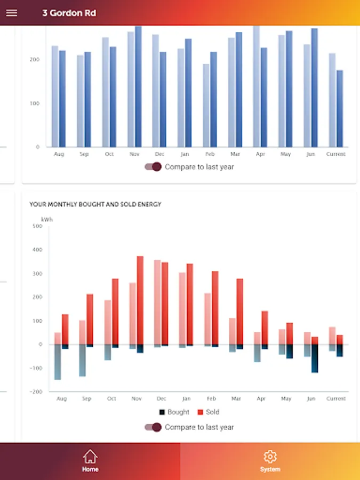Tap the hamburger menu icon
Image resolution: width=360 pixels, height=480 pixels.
[11, 13]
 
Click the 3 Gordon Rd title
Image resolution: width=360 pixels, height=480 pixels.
[69, 13]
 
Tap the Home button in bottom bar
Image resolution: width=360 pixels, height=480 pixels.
[90, 461]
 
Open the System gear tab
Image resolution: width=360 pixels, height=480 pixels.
[270, 461]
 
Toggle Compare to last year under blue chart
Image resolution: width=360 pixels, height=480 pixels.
[153, 167]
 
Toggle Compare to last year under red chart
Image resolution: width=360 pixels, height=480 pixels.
[153, 427]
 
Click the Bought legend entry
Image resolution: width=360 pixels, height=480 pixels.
[174, 412]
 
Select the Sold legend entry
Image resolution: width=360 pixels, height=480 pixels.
[209, 412]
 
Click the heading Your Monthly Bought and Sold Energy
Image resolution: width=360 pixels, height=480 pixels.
[95, 204]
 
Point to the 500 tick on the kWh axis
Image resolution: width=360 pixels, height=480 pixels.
[37, 226]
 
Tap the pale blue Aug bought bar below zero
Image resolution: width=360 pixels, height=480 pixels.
[58, 362]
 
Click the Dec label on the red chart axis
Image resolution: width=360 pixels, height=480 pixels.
[161, 398]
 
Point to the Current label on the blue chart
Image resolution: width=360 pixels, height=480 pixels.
[336, 154]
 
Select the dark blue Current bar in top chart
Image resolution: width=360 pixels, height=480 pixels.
[340, 109]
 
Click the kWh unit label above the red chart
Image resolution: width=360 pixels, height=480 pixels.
[47, 219]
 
